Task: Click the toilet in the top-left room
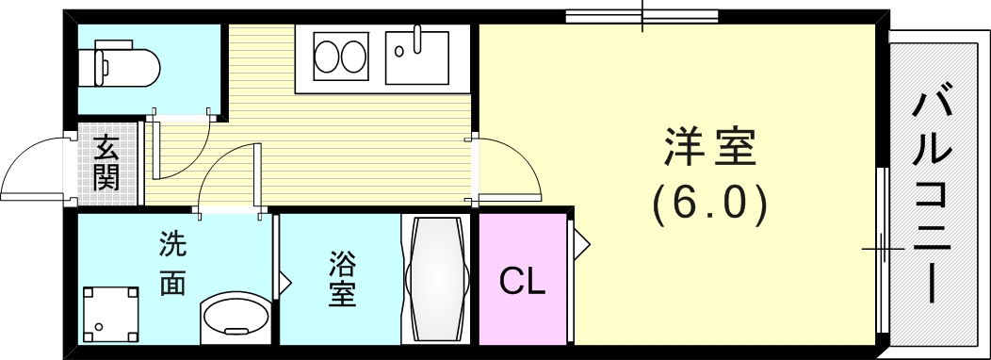point(126,64)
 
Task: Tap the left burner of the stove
point(328,57)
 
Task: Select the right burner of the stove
point(354,57)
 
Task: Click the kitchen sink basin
point(417,57)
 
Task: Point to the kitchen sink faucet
point(417,40)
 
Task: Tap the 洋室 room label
point(709,147)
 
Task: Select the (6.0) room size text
point(709,205)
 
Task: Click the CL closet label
point(522,282)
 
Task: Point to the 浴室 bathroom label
point(342,279)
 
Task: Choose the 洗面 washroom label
point(172,265)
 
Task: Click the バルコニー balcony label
point(933,195)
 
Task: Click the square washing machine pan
point(110,315)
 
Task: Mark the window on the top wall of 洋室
point(642,16)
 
